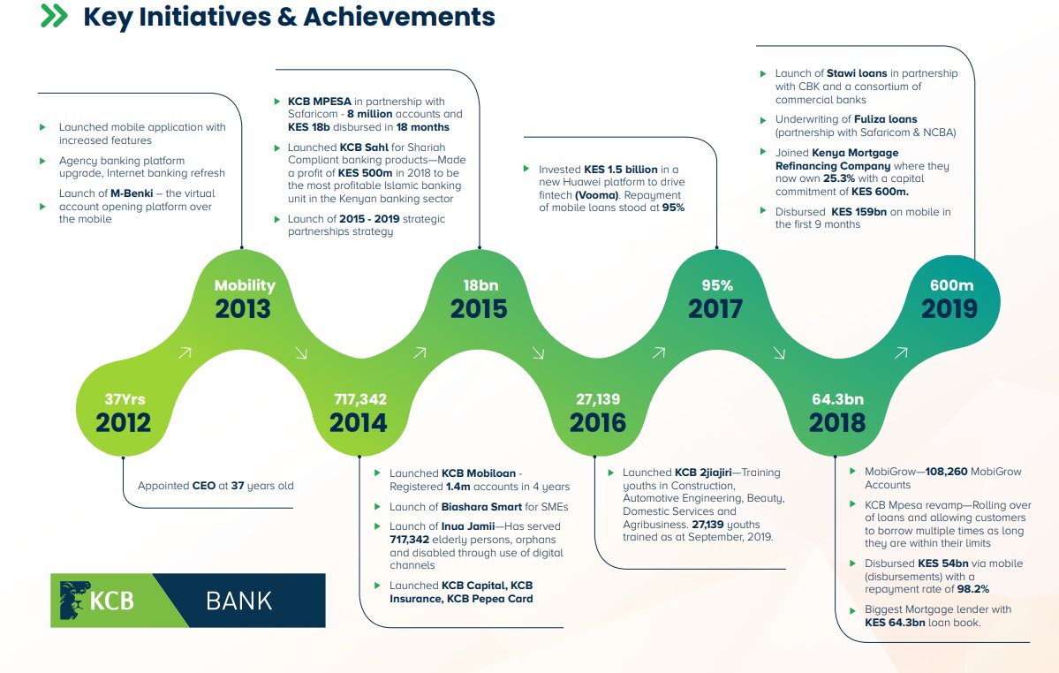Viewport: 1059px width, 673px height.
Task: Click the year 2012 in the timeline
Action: click(124, 422)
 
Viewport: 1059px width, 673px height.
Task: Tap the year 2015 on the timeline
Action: click(479, 308)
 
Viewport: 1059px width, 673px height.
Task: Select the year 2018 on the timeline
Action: click(837, 422)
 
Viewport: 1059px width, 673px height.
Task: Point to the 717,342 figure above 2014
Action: click(359, 400)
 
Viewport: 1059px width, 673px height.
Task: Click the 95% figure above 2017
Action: click(716, 285)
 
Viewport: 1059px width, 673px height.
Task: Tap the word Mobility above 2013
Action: click(245, 285)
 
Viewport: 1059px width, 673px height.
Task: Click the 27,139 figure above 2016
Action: click(597, 400)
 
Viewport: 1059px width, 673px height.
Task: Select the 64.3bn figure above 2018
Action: click(837, 400)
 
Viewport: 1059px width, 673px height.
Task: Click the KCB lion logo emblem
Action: click(72, 600)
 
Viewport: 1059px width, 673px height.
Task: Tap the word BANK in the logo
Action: click(238, 601)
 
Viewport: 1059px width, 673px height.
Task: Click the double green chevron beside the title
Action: click(54, 16)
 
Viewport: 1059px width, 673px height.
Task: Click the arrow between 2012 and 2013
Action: click(185, 352)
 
